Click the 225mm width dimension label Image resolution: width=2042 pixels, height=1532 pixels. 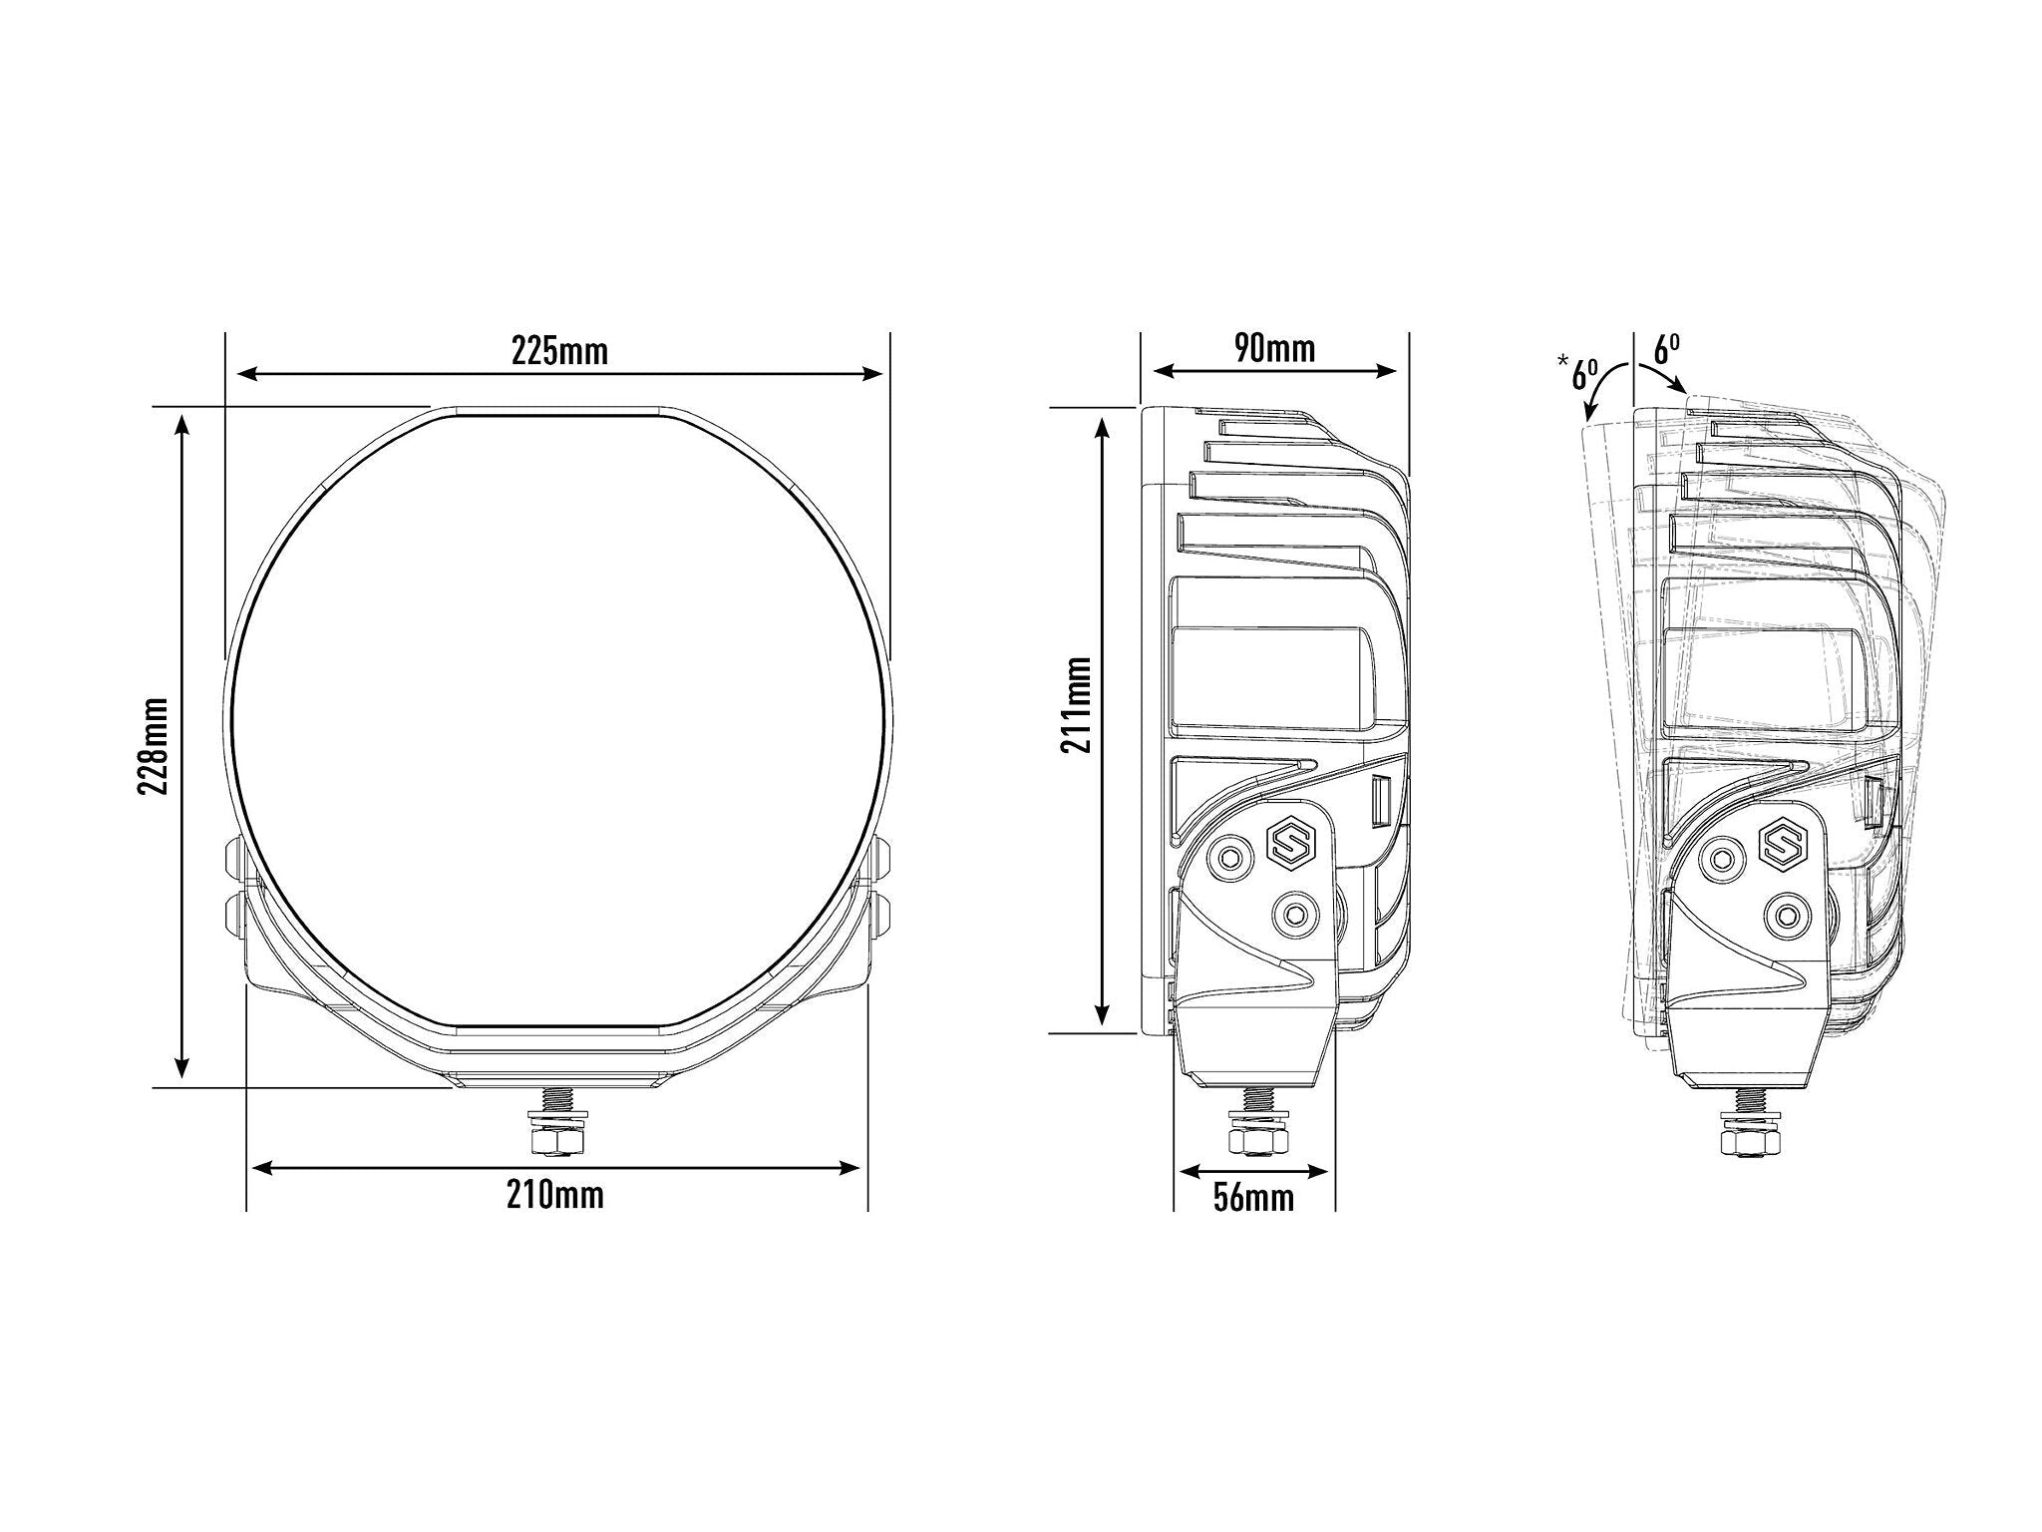pyautogui.click(x=559, y=351)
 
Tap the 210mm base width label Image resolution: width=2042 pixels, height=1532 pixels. pyautogui.click(x=554, y=1195)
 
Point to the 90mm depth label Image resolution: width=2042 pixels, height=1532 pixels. pyautogui.click(x=1274, y=348)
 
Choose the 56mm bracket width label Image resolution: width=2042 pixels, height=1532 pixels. pyautogui.click(x=1253, y=1197)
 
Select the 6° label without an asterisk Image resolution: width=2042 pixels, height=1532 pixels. pyautogui.click(x=1667, y=349)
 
